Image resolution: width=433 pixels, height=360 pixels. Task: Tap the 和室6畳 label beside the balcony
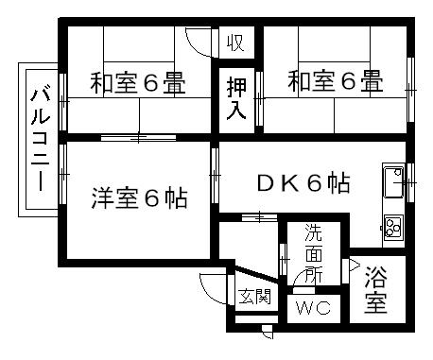(x=137, y=83)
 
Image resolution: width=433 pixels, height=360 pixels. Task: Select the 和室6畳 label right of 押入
(x=335, y=83)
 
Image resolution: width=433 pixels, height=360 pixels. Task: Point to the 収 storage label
(x=236, y=43)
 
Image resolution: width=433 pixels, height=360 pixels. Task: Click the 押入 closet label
(x=236, y=98)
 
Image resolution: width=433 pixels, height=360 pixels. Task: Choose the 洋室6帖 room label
(x=139, y=199)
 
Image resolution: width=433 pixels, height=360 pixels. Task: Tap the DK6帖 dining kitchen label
(x=303, y=183)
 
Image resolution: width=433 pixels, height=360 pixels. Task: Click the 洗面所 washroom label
(x=312, y=252)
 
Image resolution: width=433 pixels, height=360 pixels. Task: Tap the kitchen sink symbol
(x=392, y=183)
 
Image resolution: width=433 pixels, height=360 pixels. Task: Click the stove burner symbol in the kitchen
(x=392, y=226)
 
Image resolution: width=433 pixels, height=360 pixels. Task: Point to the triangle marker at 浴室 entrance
(x=355, y=265)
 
